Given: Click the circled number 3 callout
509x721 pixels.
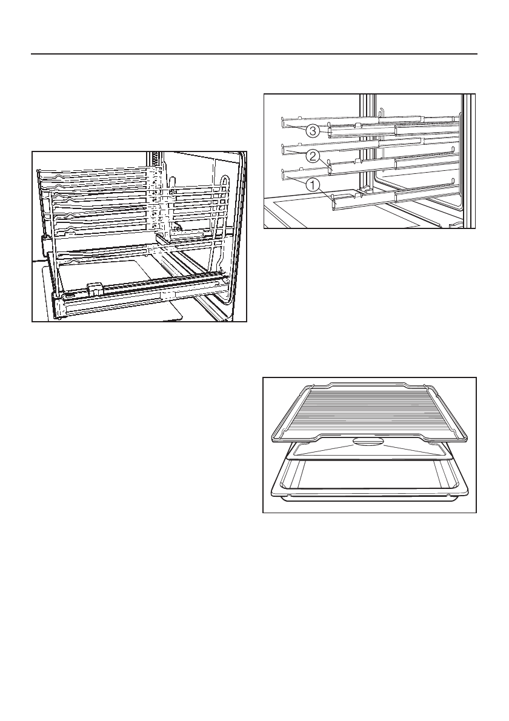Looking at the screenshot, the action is coord(313,130).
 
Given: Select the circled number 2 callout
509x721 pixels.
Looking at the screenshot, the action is coord(313,156).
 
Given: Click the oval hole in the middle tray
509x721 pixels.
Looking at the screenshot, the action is coord(370,442).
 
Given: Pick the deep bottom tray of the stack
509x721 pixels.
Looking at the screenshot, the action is coord(370,479).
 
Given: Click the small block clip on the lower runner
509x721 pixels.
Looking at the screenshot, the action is coord(93,287).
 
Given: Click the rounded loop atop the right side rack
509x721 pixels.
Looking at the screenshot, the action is coord(225,179).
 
